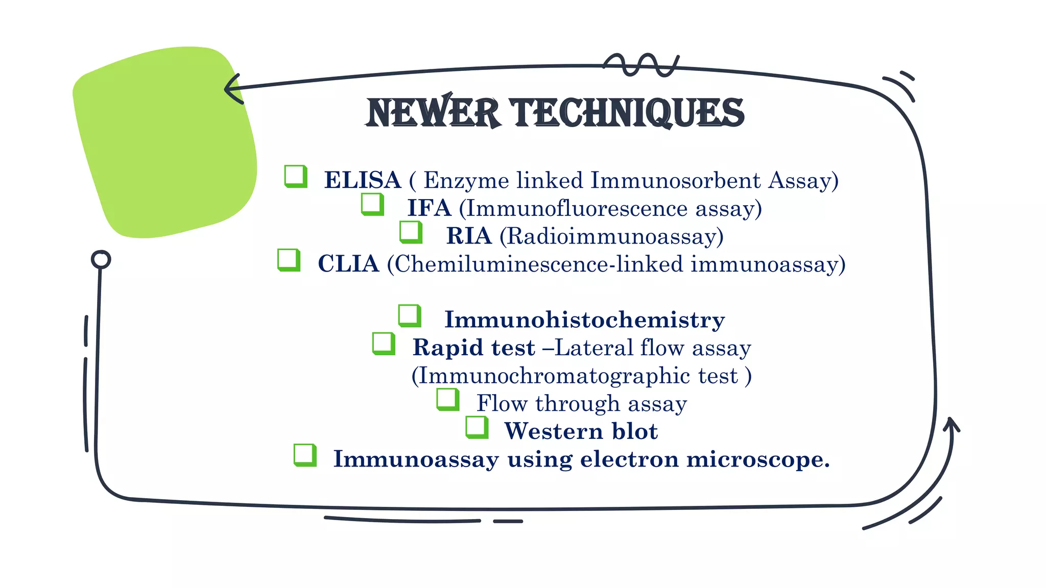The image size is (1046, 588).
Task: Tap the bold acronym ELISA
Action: coord(362,180)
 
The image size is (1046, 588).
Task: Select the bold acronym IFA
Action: coord(429,208)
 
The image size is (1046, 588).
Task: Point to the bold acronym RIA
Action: coord(468,236)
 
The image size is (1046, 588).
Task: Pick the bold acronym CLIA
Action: coord(348,264)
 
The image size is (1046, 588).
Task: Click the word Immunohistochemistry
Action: coord(584,320)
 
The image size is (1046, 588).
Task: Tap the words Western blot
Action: coord(581,431)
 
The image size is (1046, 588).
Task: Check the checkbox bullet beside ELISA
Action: coord(296,176)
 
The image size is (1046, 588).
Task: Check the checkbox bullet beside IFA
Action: coord(372,204)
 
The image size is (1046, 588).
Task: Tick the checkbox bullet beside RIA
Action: coord(411,232)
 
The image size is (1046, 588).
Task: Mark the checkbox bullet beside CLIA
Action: coord(289,260)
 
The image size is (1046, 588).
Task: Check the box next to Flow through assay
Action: coord(448,399)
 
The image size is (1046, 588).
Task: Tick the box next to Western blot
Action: coord(477,427)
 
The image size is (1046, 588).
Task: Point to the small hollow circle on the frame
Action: coord(101,259)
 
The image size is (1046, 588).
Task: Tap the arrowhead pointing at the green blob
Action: coord(232,89)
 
